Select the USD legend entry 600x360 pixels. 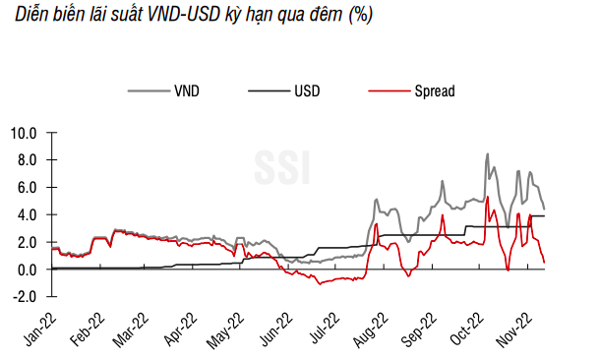click(306, 91)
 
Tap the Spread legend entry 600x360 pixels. click(433, 91)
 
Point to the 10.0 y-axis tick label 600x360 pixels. click(23, 132)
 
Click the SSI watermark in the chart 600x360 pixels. click(284, 166)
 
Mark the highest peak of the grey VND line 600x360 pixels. click(488, 154)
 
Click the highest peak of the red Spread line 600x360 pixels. click(488, 197)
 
